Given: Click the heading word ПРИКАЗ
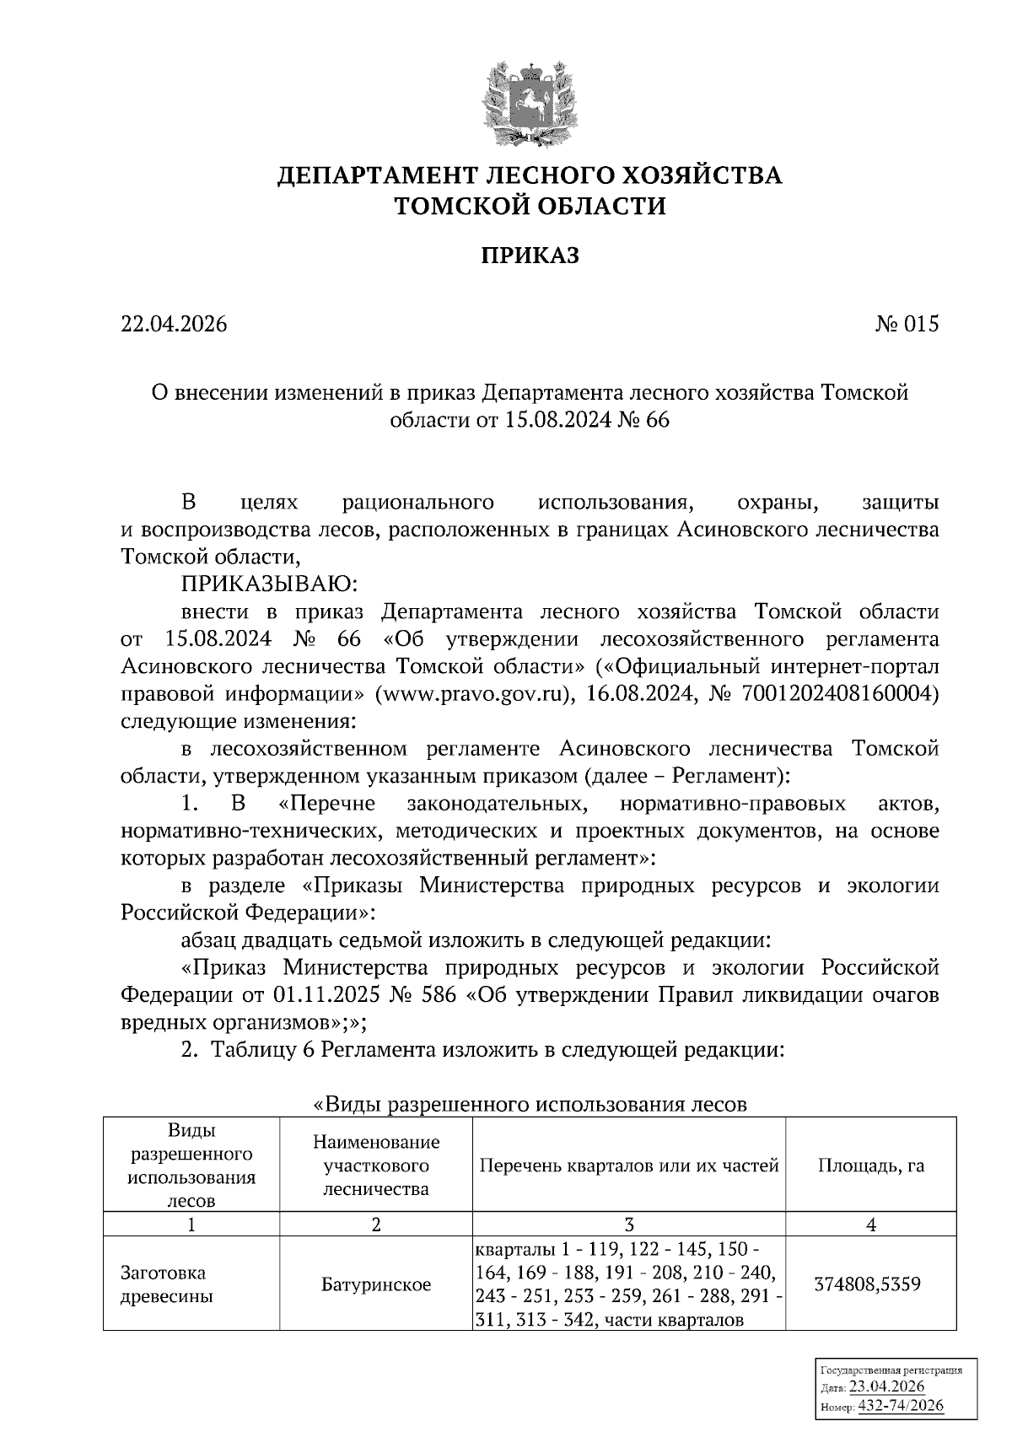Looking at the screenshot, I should [x=530, y=256].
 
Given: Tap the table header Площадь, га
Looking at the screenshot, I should [x=870, y=1166].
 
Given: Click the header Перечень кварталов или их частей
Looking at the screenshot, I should [x=628, y=1166].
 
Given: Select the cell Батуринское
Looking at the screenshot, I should [x=376, y=1285].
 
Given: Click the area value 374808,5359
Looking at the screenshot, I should [x=868, y=1285].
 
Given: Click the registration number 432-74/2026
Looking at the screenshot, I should [x=901, y=1406].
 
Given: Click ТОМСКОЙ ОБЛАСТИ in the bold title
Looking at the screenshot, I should [x=530, y=206].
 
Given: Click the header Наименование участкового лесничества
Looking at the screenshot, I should [x=376, y=1166].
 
